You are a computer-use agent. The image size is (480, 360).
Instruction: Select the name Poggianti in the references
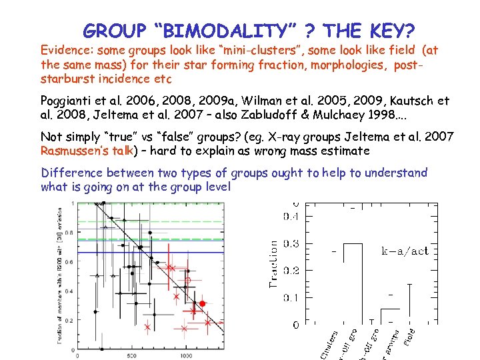coord(67,101)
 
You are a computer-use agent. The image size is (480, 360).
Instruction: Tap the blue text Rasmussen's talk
coord(86,151)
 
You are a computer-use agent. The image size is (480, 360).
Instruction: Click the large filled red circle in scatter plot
coord(203,303)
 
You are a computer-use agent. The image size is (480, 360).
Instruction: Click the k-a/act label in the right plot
coord(404,251)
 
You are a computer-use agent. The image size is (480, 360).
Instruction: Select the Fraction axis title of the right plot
coord(273,264)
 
